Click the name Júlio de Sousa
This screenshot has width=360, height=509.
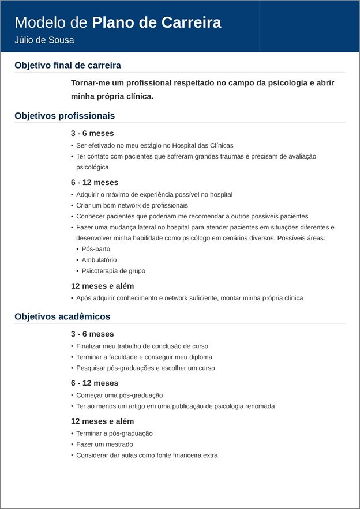click(44, 40)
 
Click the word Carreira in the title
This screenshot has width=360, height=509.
click(190, 22)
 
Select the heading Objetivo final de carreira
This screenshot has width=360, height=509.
click(67, 65)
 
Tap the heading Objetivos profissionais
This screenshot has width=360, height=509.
click(65, 116)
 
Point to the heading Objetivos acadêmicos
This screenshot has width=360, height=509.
click(62, 316)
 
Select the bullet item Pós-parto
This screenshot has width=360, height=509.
click(96, 249)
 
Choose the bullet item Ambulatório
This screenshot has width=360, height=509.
click(99, 260)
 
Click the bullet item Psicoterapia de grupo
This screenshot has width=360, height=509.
click(114, 271)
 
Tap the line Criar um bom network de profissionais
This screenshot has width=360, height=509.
click(132, 205)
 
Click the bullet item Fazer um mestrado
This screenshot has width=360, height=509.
click(104, 444)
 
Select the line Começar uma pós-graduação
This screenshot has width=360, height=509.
click(119, 395)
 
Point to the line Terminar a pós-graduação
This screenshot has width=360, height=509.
click(114, 433)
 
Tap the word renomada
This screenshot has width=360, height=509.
click(260, 406)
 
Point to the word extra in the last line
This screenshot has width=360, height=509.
click(209, 455)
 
